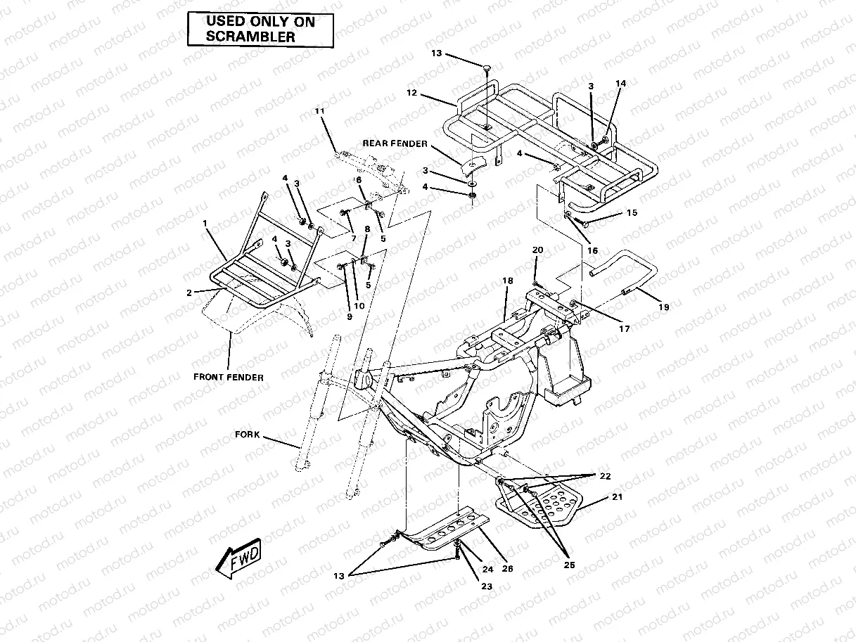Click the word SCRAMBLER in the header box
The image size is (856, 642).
tap(250, 37)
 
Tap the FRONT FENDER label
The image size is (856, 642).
tap(229, 377)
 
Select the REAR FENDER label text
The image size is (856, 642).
tap(395, 143)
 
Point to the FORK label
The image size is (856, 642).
tap(247, 435)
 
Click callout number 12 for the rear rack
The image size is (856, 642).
tap(411, 93)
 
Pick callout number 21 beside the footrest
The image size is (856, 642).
tap(617, 496)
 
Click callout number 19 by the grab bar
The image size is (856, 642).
tap(663, 307)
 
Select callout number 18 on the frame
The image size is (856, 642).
tap(507, 281)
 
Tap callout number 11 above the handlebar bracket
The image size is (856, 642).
tap(320, 112)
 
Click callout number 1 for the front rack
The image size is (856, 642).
tap(205, 223)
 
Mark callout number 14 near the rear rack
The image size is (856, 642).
tap(620, 84)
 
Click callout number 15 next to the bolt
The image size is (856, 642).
tap(631, 212)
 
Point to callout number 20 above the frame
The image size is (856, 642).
tap(537, 250)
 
